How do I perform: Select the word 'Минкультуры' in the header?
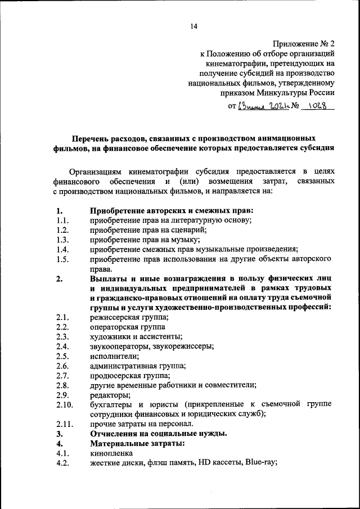[285, 93]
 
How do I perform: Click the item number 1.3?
[62, 239]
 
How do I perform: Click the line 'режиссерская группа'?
[129, 317]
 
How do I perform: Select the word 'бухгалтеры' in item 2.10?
[111, 404]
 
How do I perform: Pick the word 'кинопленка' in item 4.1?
[111, 453]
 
